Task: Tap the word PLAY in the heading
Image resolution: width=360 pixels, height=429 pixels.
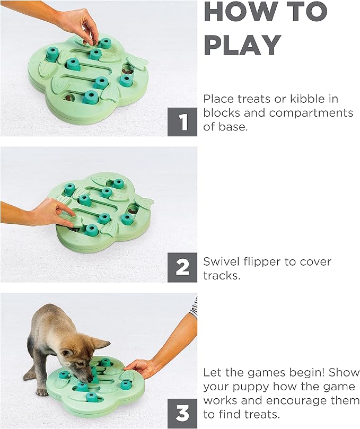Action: pyautogui.click(x=242, y=45)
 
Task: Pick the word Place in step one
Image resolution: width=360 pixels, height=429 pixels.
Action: pyautogui.click(x=219, y=99)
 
